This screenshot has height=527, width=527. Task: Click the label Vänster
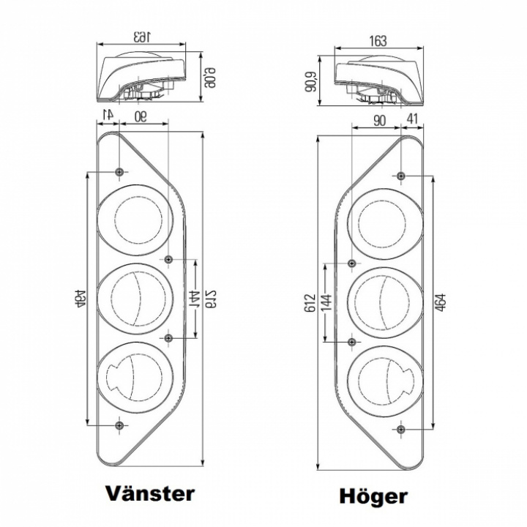coord(151,493)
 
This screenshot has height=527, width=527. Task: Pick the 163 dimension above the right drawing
coord(378,40)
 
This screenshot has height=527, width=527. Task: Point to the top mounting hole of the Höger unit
coord(401,176)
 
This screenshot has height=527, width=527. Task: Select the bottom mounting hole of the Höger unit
coord(401,428)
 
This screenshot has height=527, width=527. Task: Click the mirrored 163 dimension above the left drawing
coord(142,36)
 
